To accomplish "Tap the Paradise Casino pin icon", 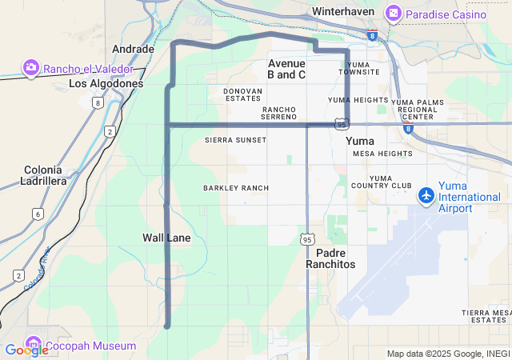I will coord(393,14).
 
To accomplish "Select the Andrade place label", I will coord(133,49).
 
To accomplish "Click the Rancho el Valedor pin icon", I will coord(31,68).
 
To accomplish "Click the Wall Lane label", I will coord(166,238).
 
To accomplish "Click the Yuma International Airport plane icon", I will coord(426,194).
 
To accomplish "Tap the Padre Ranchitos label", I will coord(330,258).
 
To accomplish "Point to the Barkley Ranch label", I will coord(236,188).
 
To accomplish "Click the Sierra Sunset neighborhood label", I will coord(236,139).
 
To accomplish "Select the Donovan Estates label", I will coord(242,94).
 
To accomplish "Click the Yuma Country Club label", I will coord(390,182).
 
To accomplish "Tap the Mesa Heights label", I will coord(382,153).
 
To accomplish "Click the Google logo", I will coord(26,350).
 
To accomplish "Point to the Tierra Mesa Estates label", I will coord(486,316).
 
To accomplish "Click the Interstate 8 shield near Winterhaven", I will coord(373,35).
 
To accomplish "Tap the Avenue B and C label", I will coord(286,69).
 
